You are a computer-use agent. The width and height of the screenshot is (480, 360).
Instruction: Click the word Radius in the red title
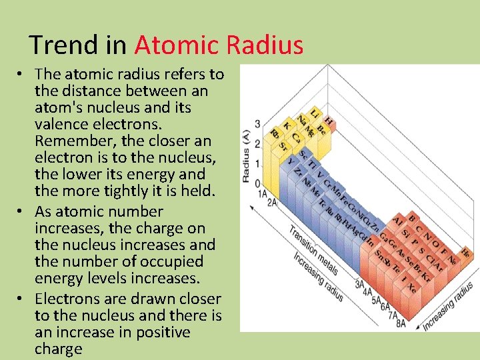[265, 45]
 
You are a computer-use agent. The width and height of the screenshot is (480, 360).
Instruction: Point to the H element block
[329, 119]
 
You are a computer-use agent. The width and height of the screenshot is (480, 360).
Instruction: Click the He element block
[465, 253]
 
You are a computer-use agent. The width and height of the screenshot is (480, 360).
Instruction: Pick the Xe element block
[411, 289]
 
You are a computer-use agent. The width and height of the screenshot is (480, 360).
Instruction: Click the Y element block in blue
[290, 161]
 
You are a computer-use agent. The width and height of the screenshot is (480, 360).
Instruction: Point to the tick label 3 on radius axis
[257, 124]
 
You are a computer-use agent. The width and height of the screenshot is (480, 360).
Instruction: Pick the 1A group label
[263, 194]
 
